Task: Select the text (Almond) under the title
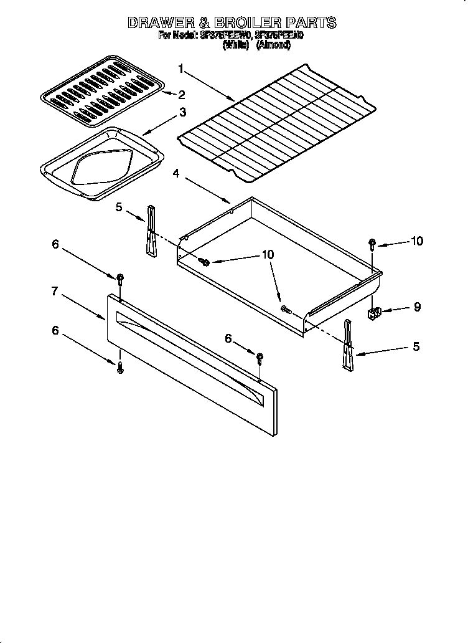273,45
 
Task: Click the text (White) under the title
236,45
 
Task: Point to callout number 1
181,68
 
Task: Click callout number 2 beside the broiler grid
182,95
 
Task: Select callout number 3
182,112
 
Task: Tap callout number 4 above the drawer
177,174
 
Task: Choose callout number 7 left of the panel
55,291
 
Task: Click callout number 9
417,307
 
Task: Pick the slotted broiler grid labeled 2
103,88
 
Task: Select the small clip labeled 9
375,312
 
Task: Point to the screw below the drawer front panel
121,369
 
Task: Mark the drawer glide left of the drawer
150,231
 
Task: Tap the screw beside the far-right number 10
372,243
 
